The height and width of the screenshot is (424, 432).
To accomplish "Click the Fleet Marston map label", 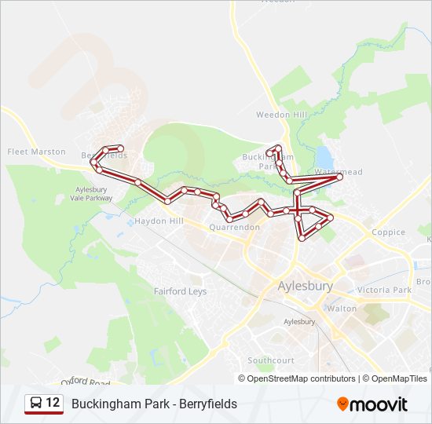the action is tap(36, 152).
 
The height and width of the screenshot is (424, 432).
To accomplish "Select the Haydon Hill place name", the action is tap(159, 221).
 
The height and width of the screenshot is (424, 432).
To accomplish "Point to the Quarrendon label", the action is tap(234, 228).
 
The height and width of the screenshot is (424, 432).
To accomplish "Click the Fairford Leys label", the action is tap(180, 291).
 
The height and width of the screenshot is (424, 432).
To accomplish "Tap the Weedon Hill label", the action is tap(280, 115).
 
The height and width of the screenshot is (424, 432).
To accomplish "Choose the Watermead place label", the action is tap(339, 171).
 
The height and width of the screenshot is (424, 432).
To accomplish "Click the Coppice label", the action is tap(388, 232).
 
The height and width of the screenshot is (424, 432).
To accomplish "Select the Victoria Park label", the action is tap(384, 290).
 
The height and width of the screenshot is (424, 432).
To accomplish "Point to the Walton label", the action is tap(342, 309).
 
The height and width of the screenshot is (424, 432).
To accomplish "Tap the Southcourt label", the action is tap(270, 360).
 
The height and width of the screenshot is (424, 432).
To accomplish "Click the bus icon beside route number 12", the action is tap(35, 404).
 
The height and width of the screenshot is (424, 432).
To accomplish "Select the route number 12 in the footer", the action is tap(53, 404).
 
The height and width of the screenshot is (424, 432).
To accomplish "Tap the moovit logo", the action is tap(372, 404).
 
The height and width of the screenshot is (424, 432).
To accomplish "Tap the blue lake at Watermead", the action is tap(323, 155).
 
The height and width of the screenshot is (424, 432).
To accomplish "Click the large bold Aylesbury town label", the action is tap(306, 286).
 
